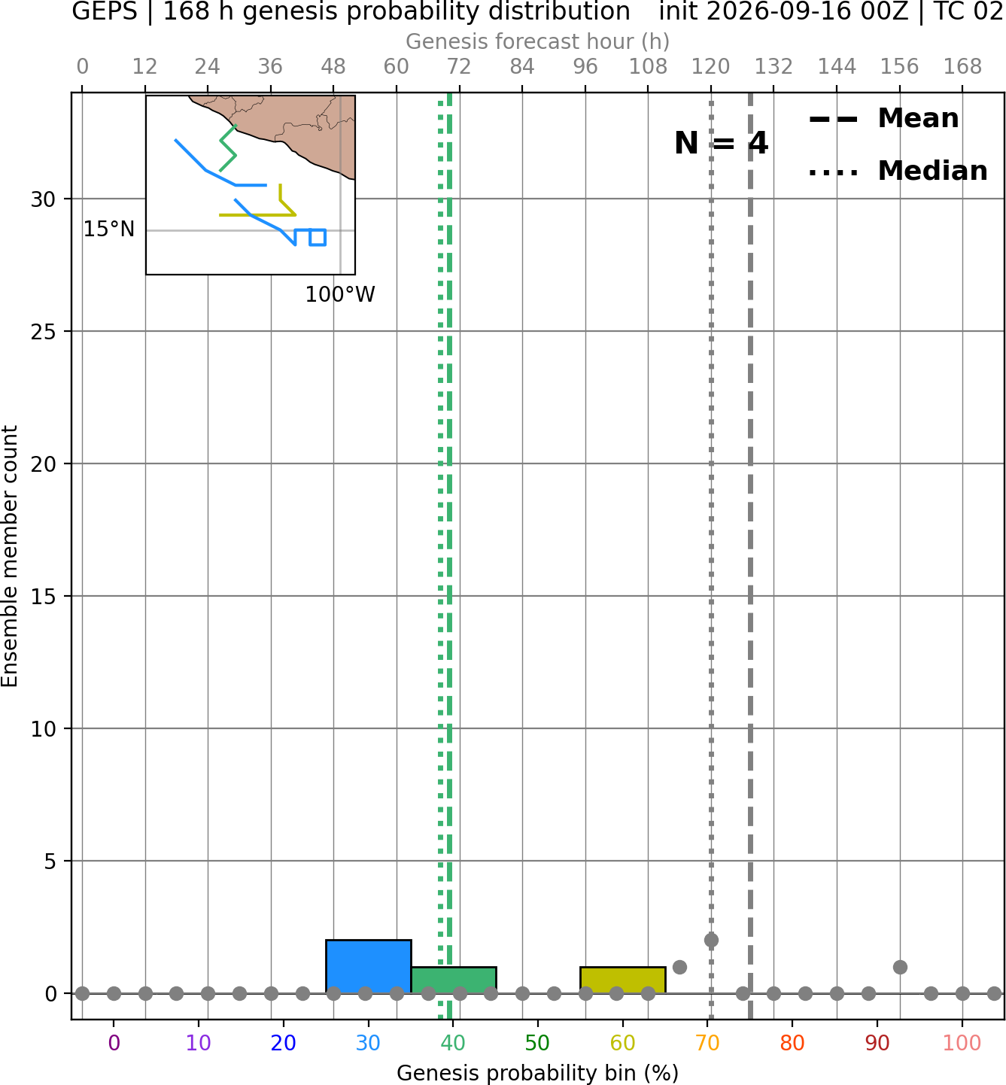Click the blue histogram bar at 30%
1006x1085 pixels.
pos(368,966)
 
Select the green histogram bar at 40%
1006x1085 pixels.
pos(454,980)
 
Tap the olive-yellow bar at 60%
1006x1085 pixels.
pos(623,980)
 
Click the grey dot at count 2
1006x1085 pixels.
pos(711,940)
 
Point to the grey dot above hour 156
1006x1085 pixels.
pos(899,967)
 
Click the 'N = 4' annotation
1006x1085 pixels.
pos(722,143)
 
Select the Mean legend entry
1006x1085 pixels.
pos(883,118)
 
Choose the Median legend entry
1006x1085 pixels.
pos(898,171)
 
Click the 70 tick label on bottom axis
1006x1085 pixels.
pos(707,1043)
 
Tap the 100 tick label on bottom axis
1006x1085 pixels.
pos(962,1043)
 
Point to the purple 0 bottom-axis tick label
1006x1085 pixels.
pos(114,1043)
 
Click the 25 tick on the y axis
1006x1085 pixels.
pos(43,332)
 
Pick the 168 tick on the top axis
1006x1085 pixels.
pos(962,67)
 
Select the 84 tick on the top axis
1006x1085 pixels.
pos(522,67)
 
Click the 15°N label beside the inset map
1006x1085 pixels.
pos(109,229)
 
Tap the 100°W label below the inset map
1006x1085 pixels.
pos(340,295)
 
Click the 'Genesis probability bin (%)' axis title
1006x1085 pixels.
pos(538,1073)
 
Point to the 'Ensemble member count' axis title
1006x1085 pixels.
pos(9,556)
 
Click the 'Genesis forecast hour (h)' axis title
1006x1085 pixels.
pos(538,41)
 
